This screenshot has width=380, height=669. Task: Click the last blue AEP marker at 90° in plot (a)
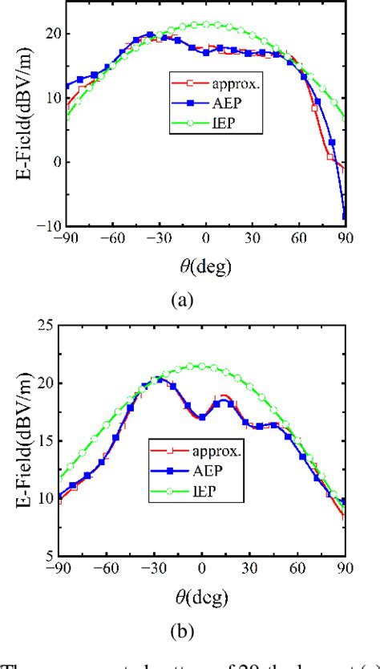tap(344, 214)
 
